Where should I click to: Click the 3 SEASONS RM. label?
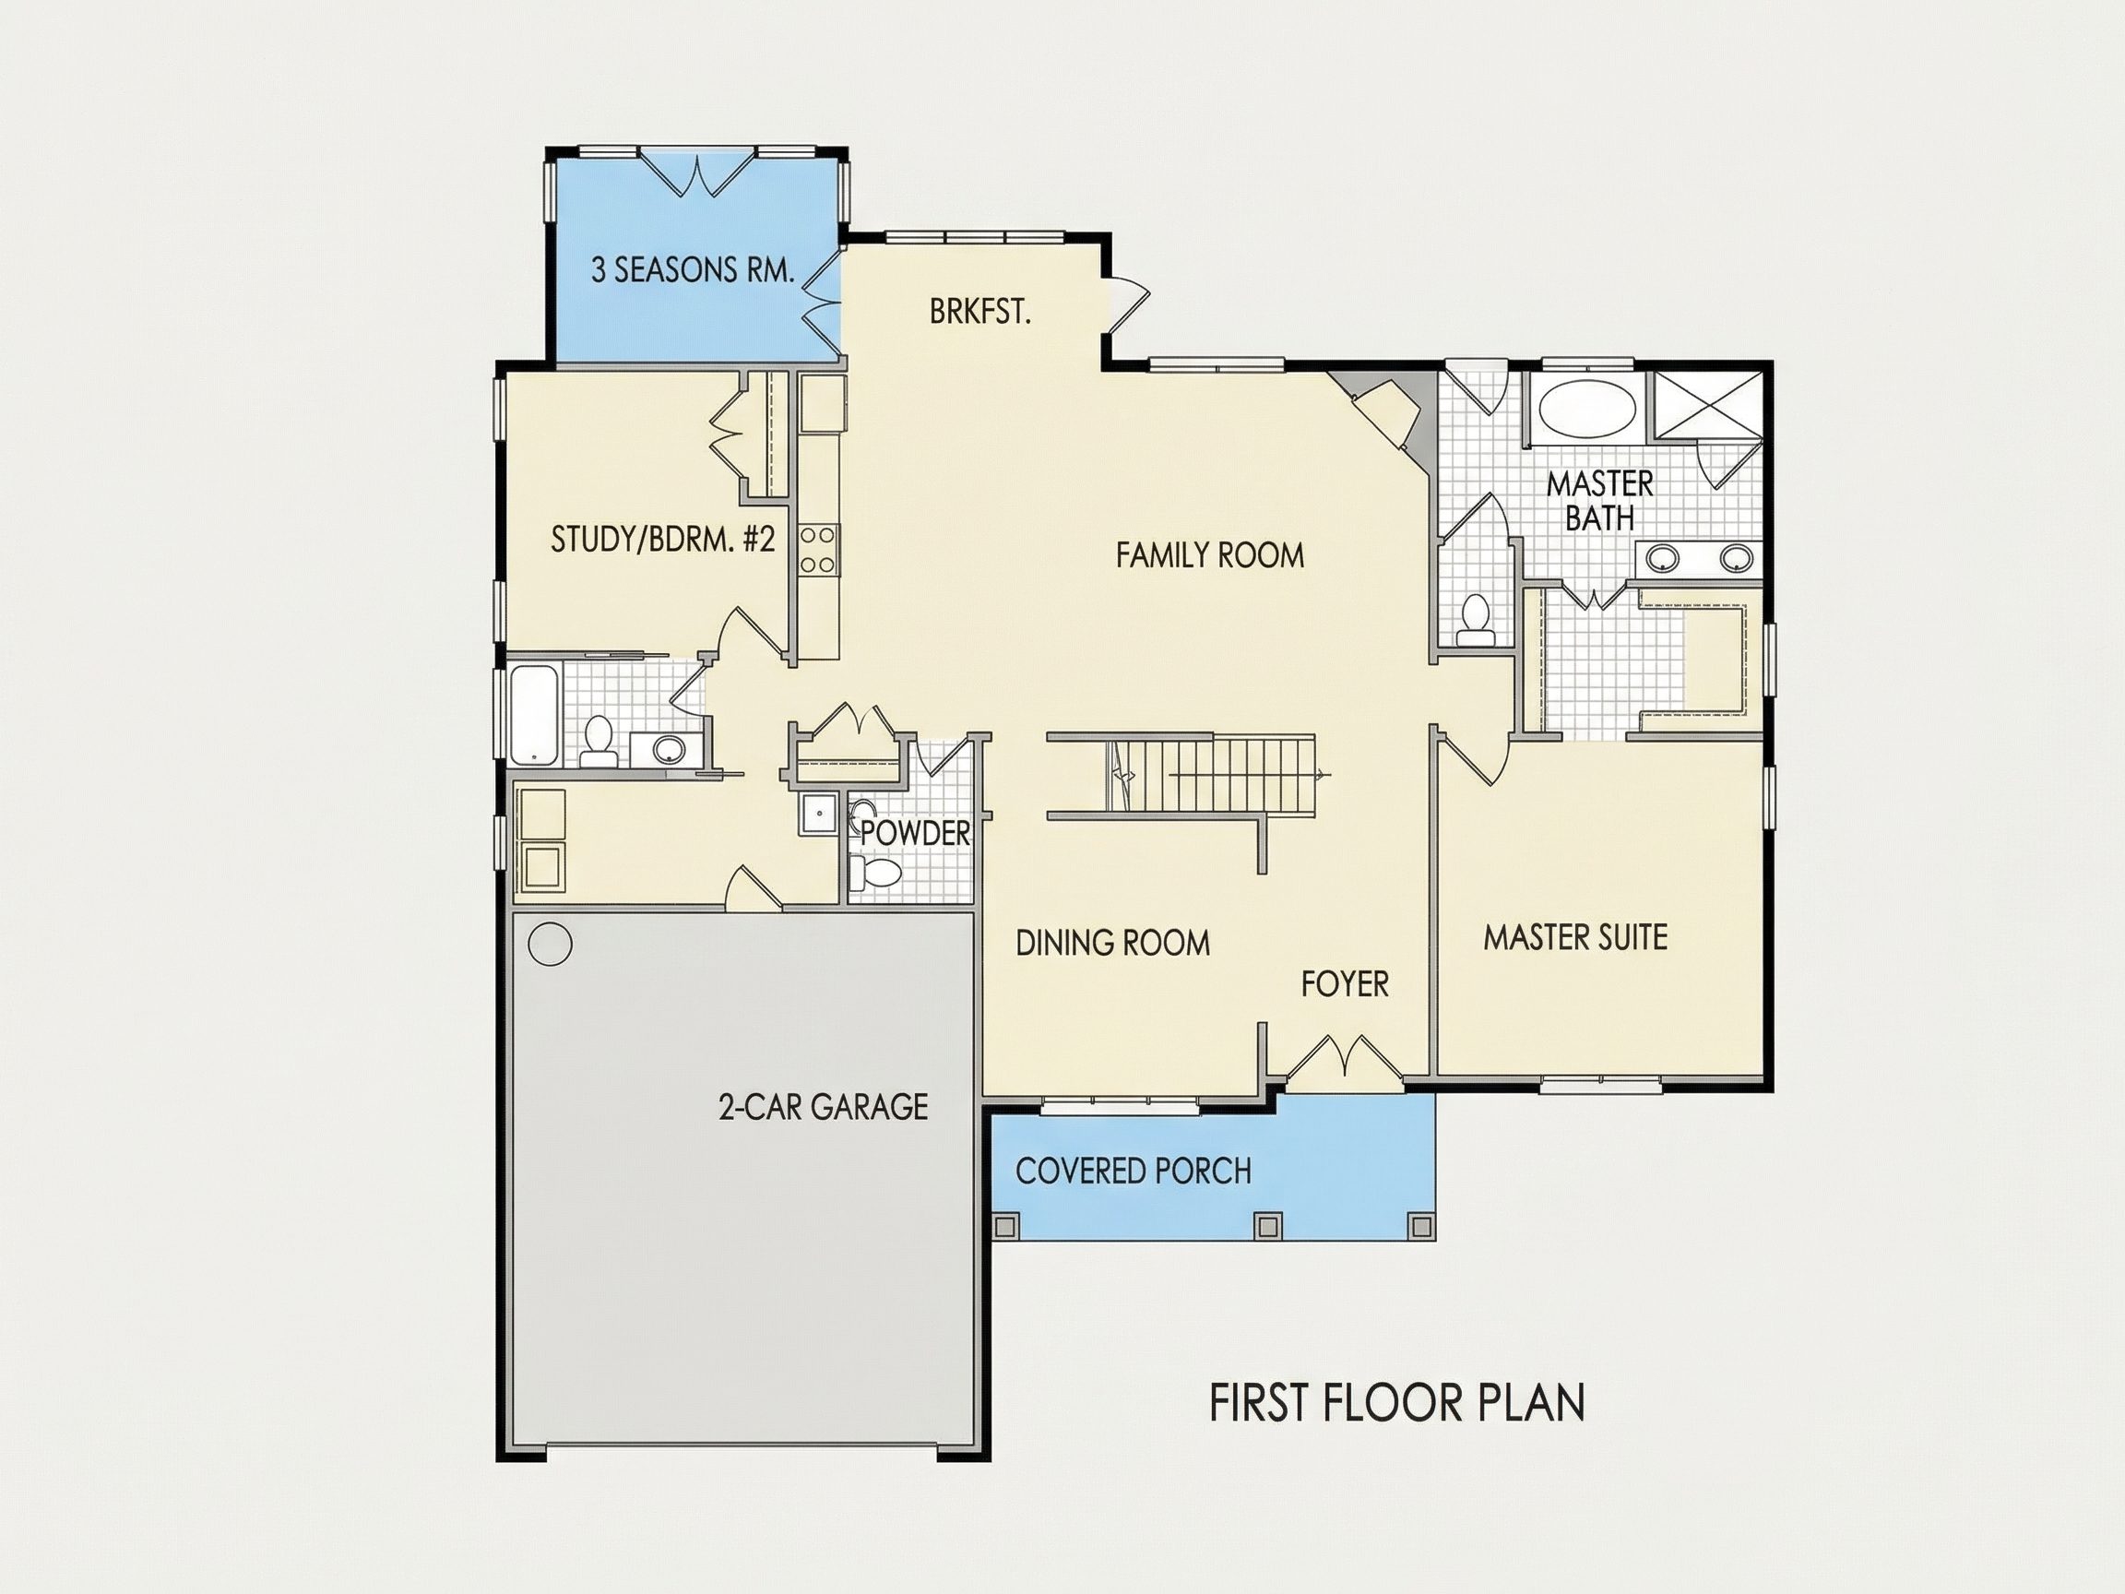pos(693,270)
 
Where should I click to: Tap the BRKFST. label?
pos(979,313)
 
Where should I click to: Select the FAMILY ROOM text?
pos(1209,555)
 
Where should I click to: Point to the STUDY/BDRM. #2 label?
pos(662,539)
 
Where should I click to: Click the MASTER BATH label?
pos(1599,501)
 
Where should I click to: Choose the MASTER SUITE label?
pos(1575,937)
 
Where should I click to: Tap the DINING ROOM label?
pos(1112,943)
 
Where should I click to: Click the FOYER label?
pos(1345,984)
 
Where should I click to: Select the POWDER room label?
pos(915,833)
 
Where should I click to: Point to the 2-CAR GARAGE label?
pos(824,1107)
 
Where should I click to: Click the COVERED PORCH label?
pos(1134,1171)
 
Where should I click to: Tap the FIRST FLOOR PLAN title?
pos(1396,1404)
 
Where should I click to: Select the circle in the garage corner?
pos(551,944)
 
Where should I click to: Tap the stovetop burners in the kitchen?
pos(818,550)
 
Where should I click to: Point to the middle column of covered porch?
pos(1268,1226)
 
